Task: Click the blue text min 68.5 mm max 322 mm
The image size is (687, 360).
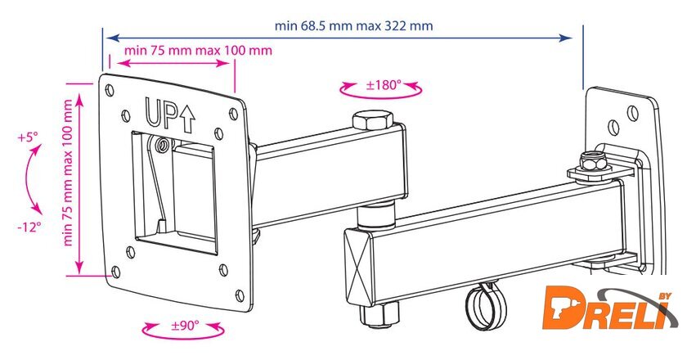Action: (353, 26)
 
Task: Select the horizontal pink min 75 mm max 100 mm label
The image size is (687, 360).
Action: (198, 51)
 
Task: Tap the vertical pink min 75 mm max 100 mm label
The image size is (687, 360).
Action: (68, 173)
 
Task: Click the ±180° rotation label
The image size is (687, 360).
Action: (384, 84)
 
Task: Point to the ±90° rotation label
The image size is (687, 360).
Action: (185, 326)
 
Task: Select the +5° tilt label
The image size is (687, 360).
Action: (29, 137)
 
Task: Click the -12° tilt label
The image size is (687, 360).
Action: (29, 227)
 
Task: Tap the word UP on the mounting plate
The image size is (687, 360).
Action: (160, 113)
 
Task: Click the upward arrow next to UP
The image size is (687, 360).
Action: (187, 119)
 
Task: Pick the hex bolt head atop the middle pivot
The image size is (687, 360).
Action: (372, 119)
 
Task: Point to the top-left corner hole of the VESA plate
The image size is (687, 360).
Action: (110, 91)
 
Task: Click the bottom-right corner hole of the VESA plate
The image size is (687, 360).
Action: (240, 295)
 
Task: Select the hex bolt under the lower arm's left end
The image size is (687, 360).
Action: (379, 314)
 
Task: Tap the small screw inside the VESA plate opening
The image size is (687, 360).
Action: (164, 145)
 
